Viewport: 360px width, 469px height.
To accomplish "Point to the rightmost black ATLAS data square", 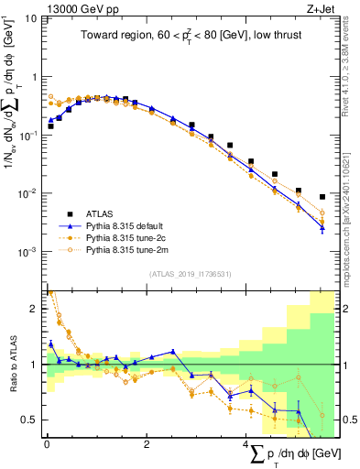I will tap(322, 196).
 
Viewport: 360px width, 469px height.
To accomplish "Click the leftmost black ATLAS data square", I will tap(50, 126).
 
